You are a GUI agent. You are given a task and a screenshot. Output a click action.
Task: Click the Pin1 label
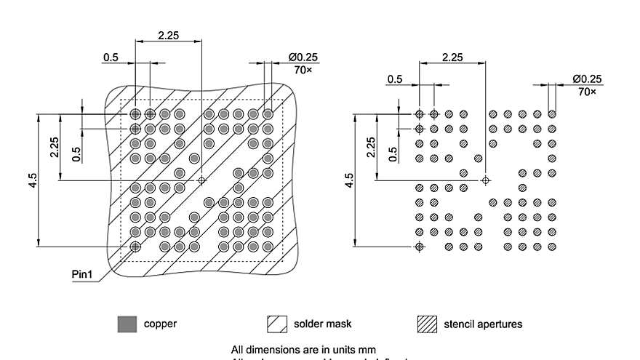(x=83, y=274)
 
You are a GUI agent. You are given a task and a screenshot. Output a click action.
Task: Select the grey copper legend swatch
(x=127, y=324)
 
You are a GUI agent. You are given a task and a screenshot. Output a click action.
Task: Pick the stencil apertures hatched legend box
(x=427, y=324)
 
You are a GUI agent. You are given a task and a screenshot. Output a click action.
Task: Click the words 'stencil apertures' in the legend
(x=483, y=324)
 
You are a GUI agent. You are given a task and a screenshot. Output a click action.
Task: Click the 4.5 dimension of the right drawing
(x=349, y=180)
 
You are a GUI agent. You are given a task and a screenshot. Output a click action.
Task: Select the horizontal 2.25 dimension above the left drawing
(x=168, y=33)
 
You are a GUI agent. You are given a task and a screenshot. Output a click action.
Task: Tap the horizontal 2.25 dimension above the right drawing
(x=452, y=57)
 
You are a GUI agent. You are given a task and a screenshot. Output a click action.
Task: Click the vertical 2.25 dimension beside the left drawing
(x=55, y=146)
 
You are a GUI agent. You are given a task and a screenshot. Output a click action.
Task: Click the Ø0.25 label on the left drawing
(x=303, y=57)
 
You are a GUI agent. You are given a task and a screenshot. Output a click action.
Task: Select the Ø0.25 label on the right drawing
(x=587, y=79)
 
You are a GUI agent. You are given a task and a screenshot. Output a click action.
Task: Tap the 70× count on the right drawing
(x=587, y=92)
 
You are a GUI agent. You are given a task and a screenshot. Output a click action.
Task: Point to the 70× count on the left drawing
(x=303, y=70)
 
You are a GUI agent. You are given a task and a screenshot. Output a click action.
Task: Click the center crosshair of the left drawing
(x=201, y=180)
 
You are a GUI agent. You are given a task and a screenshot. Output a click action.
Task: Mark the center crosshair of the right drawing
(x=486, y=180)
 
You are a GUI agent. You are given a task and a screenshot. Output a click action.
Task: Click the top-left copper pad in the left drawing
(x=135, y=114)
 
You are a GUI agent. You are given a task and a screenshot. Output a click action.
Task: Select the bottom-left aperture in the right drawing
(x=419, y=247)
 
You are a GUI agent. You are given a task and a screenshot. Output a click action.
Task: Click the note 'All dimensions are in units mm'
(x=303, y=349)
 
